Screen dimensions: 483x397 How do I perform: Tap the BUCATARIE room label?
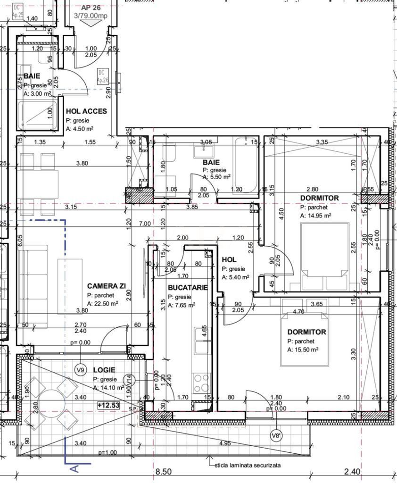coord(188,288)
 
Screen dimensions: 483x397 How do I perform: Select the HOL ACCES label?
coord(86,111)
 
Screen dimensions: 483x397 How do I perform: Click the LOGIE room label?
coord(104,371)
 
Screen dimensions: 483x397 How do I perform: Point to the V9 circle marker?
coord(80,370)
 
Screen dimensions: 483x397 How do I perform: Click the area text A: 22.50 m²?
coord(102,304)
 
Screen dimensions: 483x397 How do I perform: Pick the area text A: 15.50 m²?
coord(303,350)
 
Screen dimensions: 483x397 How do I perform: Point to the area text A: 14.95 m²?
coord(315,215)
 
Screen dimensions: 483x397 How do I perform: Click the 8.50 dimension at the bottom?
coord(163,471)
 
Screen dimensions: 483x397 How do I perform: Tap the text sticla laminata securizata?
coord(247,465)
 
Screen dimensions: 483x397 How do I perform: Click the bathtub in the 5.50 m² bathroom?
coord(246,164)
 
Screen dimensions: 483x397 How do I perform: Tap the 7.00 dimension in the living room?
coord(144,223)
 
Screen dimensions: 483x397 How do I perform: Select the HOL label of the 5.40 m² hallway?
coord(229,260)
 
